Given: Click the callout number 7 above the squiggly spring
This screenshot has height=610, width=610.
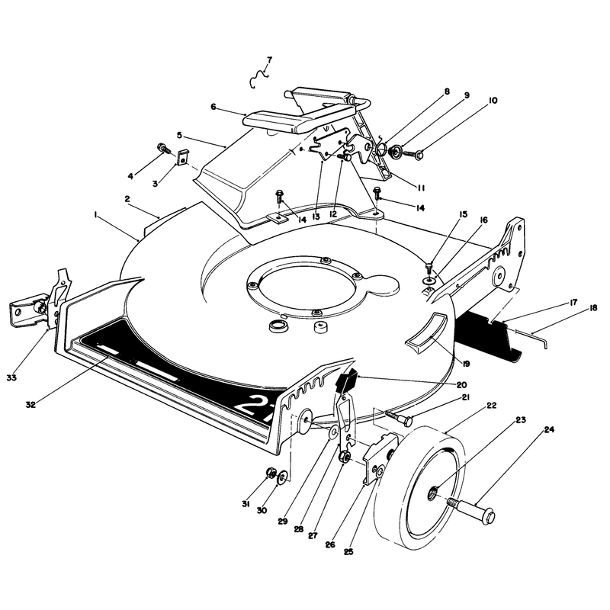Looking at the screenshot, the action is [x=270, y=60].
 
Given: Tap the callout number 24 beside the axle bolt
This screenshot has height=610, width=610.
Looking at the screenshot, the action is [x=549, y=430].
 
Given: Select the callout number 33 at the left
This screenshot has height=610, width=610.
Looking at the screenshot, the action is [x=11, y=377].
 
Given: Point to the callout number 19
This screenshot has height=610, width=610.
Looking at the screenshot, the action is [x=466, y=364].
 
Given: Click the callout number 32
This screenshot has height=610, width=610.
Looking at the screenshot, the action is [x=30, y=405].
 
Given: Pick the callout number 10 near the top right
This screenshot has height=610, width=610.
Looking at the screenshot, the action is [x=493, y=101].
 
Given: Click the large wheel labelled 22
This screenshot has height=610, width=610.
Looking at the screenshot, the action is [x=419, y=486].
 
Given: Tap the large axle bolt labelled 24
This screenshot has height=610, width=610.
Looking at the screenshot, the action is [x=471, y=509].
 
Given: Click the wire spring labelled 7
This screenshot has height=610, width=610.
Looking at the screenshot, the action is [x=258, y=78].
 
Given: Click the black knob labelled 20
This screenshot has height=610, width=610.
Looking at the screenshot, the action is [x=347, y=380].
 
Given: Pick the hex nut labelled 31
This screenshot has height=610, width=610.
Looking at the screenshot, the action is [x=270, y=473].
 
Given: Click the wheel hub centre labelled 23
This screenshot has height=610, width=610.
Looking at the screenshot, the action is [x=433, y=493].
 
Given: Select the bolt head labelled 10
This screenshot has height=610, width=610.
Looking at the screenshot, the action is [x=419, y=156].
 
